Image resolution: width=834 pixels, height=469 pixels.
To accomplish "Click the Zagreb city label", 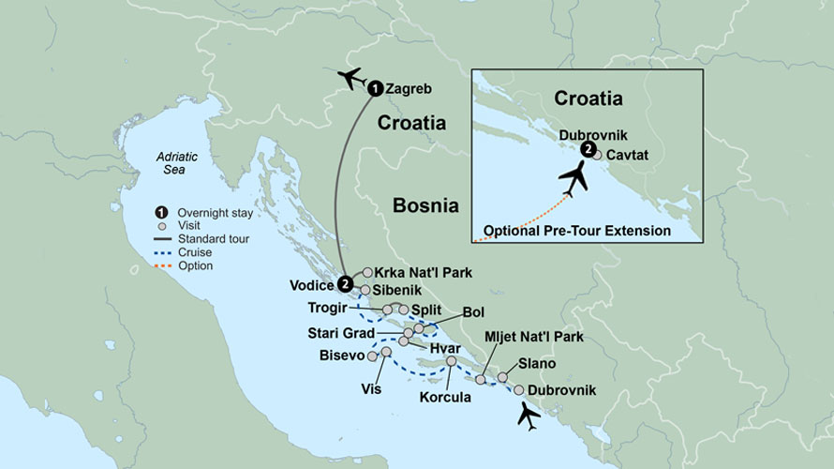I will click(x=408, y=88).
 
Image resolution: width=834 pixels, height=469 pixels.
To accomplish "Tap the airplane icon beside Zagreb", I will click(x=351, y=78).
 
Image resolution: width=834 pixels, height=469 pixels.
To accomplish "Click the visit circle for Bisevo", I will click(x=373, y=356).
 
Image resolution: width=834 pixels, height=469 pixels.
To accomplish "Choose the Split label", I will click(x=426, y=309).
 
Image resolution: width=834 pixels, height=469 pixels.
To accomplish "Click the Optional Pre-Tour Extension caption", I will click(x=577, y=231).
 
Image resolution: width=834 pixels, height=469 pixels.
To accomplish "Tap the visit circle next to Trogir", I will click(x=388, y=309).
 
